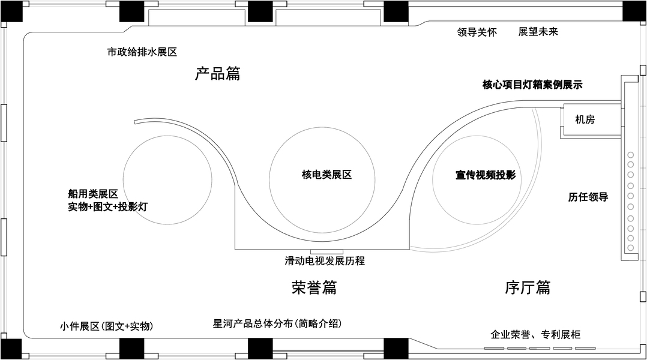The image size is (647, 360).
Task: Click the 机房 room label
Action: [584, 119]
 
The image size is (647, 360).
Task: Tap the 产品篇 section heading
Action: [217, 74]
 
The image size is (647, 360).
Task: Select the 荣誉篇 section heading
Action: [314, 287]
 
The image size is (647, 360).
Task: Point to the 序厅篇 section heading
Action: [528, 287]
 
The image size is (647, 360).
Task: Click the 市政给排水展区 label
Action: [142, 52]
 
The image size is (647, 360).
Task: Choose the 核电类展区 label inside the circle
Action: [326, 175]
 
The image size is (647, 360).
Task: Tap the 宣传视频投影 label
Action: [485, 175]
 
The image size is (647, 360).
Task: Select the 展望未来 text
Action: [538, 31]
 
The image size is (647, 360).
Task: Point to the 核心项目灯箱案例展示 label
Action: [532, 85]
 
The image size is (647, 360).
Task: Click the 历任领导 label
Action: [588, 197]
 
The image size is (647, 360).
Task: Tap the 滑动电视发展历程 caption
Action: [325, 261]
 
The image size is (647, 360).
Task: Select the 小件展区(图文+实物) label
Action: [106, 326]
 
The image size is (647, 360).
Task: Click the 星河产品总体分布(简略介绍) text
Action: [277, 323]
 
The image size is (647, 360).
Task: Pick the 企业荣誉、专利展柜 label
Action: [535, 334]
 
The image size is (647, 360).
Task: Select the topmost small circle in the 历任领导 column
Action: [631, 155]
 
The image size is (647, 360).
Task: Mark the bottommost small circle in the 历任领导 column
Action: [631, 247]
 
